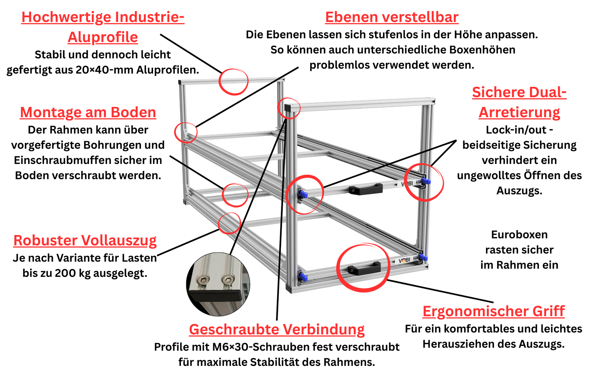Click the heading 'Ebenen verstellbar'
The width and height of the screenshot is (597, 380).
click(x=392, y=17)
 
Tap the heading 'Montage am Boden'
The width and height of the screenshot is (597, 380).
click(x=88, y=112)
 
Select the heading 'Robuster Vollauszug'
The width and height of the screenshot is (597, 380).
click(x=85, y=240)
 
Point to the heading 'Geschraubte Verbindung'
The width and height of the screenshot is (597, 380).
click(x=277, y=329)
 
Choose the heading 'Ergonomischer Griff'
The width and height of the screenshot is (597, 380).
click(x=494, y=311)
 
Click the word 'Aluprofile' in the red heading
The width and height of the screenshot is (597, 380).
click(x=103, y=37)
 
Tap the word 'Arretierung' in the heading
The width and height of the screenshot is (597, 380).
click(x=519, y=112)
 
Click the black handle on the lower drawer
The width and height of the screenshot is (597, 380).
click(x=364, y=268)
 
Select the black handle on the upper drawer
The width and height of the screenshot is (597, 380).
click(x=366, y=189)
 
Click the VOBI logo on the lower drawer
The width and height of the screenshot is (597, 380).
click(x=404, y=261)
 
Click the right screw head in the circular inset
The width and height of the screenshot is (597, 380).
click(x=227, y=280)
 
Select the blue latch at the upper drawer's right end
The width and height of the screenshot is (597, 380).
click(x=426, y=181)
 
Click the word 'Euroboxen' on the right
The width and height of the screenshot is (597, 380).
click(x=519, y=235)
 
